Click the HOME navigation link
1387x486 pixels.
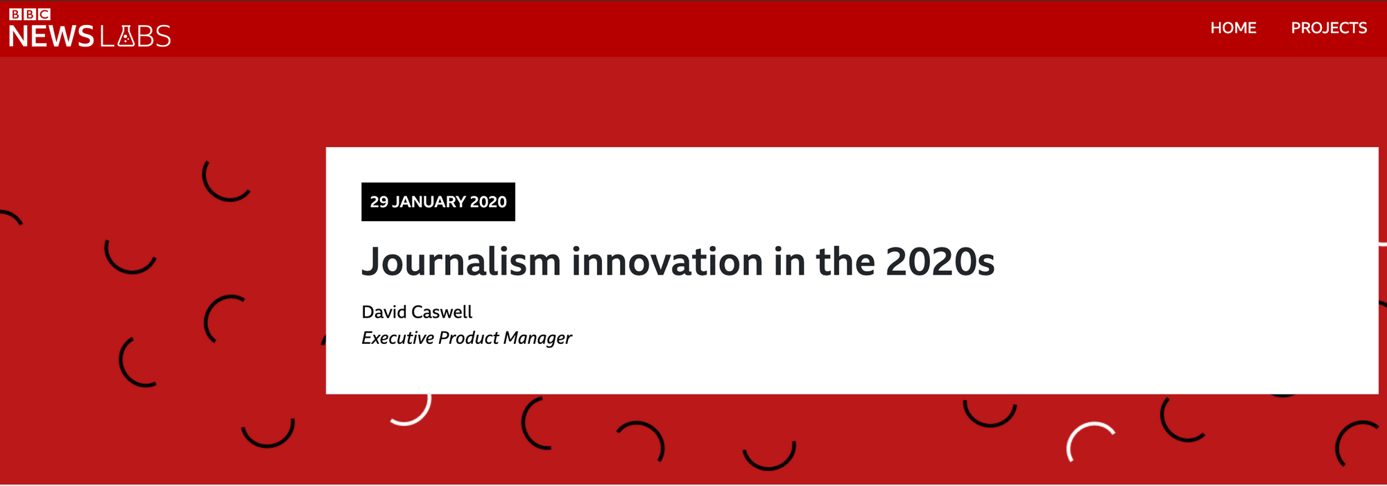[1233, 28]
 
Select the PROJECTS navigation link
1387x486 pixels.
[1329, 28]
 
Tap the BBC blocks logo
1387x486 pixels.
[30, 14]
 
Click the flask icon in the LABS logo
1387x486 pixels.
[126, 36]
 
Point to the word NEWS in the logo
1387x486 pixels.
[51, 36]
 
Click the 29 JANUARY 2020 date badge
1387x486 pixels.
[438, 202]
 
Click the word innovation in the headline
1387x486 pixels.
[667, 262]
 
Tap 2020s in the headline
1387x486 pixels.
[940, 262]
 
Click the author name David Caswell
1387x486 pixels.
[417, 312]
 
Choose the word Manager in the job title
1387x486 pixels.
[537, 338]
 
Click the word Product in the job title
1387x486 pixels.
[469, 338]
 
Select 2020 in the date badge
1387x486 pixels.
[488, 202]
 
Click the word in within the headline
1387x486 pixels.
[789, 262]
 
